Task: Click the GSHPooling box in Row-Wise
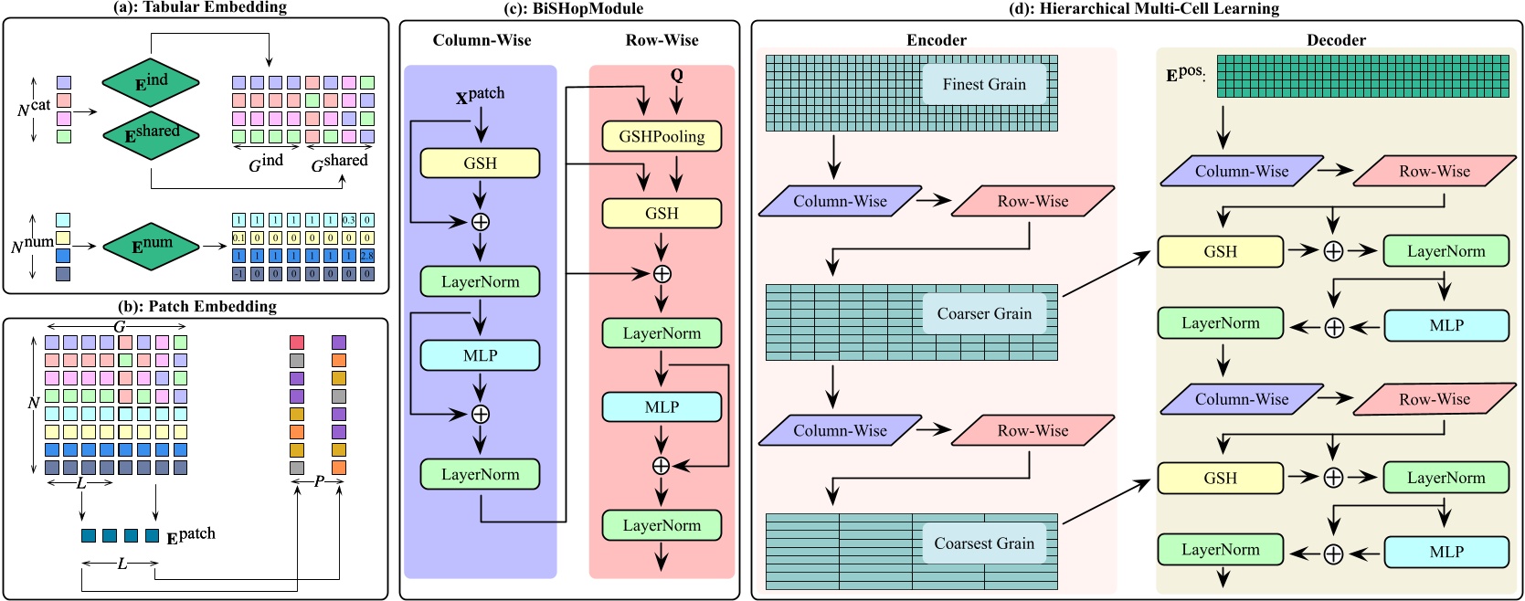click(x=662, y=136)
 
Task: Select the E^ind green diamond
click(x=151, y=83)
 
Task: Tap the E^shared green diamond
click(x=151, y=134)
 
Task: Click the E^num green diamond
click(x=151, y=246)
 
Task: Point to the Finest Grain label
click(x=984, y=84)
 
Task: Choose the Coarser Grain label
click(x=984, y=314)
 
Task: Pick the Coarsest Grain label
click(x=984, y=543)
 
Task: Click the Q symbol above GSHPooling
click(x=676, y=76)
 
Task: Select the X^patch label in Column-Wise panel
click(x=480, y=95)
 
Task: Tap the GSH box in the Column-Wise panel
click(x=480, y=163)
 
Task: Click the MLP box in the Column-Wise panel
click(x=480, y=355)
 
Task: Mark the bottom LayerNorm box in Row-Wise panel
click(x=662, y=525)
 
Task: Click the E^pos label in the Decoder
click(x=1185, y=74)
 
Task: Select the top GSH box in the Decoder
click(x=1220, y=252)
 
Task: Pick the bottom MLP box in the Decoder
click(x=1446, y=552)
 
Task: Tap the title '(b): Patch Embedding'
click(x=196, y=307)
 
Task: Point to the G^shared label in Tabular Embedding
click(x=339, y=163)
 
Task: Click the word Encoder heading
click(x=936, y=40)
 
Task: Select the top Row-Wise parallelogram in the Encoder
click(x=1033, y=202)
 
